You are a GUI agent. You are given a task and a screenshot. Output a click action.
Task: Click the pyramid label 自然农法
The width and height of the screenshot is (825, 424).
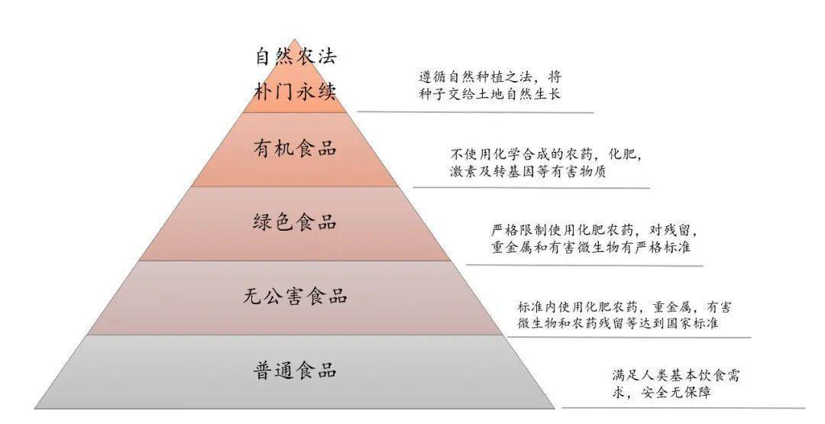tap(296, 57)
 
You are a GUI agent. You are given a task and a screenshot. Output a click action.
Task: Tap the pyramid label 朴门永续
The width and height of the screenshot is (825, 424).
tap(295, 92)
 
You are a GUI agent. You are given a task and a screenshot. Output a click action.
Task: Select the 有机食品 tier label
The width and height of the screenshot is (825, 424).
tap(295, 148)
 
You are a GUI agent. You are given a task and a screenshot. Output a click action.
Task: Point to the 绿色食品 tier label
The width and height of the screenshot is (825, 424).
tap(295, 222)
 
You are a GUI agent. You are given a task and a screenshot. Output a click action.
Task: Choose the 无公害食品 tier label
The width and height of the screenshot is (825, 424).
tap(295, 296)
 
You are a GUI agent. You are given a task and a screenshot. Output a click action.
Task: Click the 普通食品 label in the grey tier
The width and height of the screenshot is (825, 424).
tap(295, 371)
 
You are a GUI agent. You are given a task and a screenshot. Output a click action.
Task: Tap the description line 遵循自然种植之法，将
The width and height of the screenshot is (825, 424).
tap(490, 77)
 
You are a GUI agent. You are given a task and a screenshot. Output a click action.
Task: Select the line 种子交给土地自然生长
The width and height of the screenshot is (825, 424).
tap(490, 94)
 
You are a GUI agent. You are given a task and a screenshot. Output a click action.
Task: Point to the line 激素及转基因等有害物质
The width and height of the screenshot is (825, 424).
tap(529, 171)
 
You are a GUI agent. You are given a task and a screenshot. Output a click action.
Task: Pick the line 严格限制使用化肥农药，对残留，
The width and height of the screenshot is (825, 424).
tap(595, 231)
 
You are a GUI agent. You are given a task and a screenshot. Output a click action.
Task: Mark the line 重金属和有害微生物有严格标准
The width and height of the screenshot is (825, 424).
tap(590, 248)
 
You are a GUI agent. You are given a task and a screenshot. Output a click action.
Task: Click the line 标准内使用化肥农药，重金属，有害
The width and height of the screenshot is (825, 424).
tap(625, 306)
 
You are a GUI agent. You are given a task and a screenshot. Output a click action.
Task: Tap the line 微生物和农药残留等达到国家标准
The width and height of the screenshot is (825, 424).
tap(618, 323)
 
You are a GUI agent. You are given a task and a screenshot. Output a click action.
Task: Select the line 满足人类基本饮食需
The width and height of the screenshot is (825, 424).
tap(676, 376)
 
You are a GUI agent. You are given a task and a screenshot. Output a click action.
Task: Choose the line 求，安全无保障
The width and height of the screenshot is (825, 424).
tap(662, 393)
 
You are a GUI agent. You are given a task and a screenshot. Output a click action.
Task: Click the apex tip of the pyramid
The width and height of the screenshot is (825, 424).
tap(295, 39)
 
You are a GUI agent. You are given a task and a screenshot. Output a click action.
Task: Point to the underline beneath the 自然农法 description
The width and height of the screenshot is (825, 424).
tap(476, 112)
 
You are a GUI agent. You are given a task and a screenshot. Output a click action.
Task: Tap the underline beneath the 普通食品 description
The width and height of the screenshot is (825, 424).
tap(684, 408)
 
